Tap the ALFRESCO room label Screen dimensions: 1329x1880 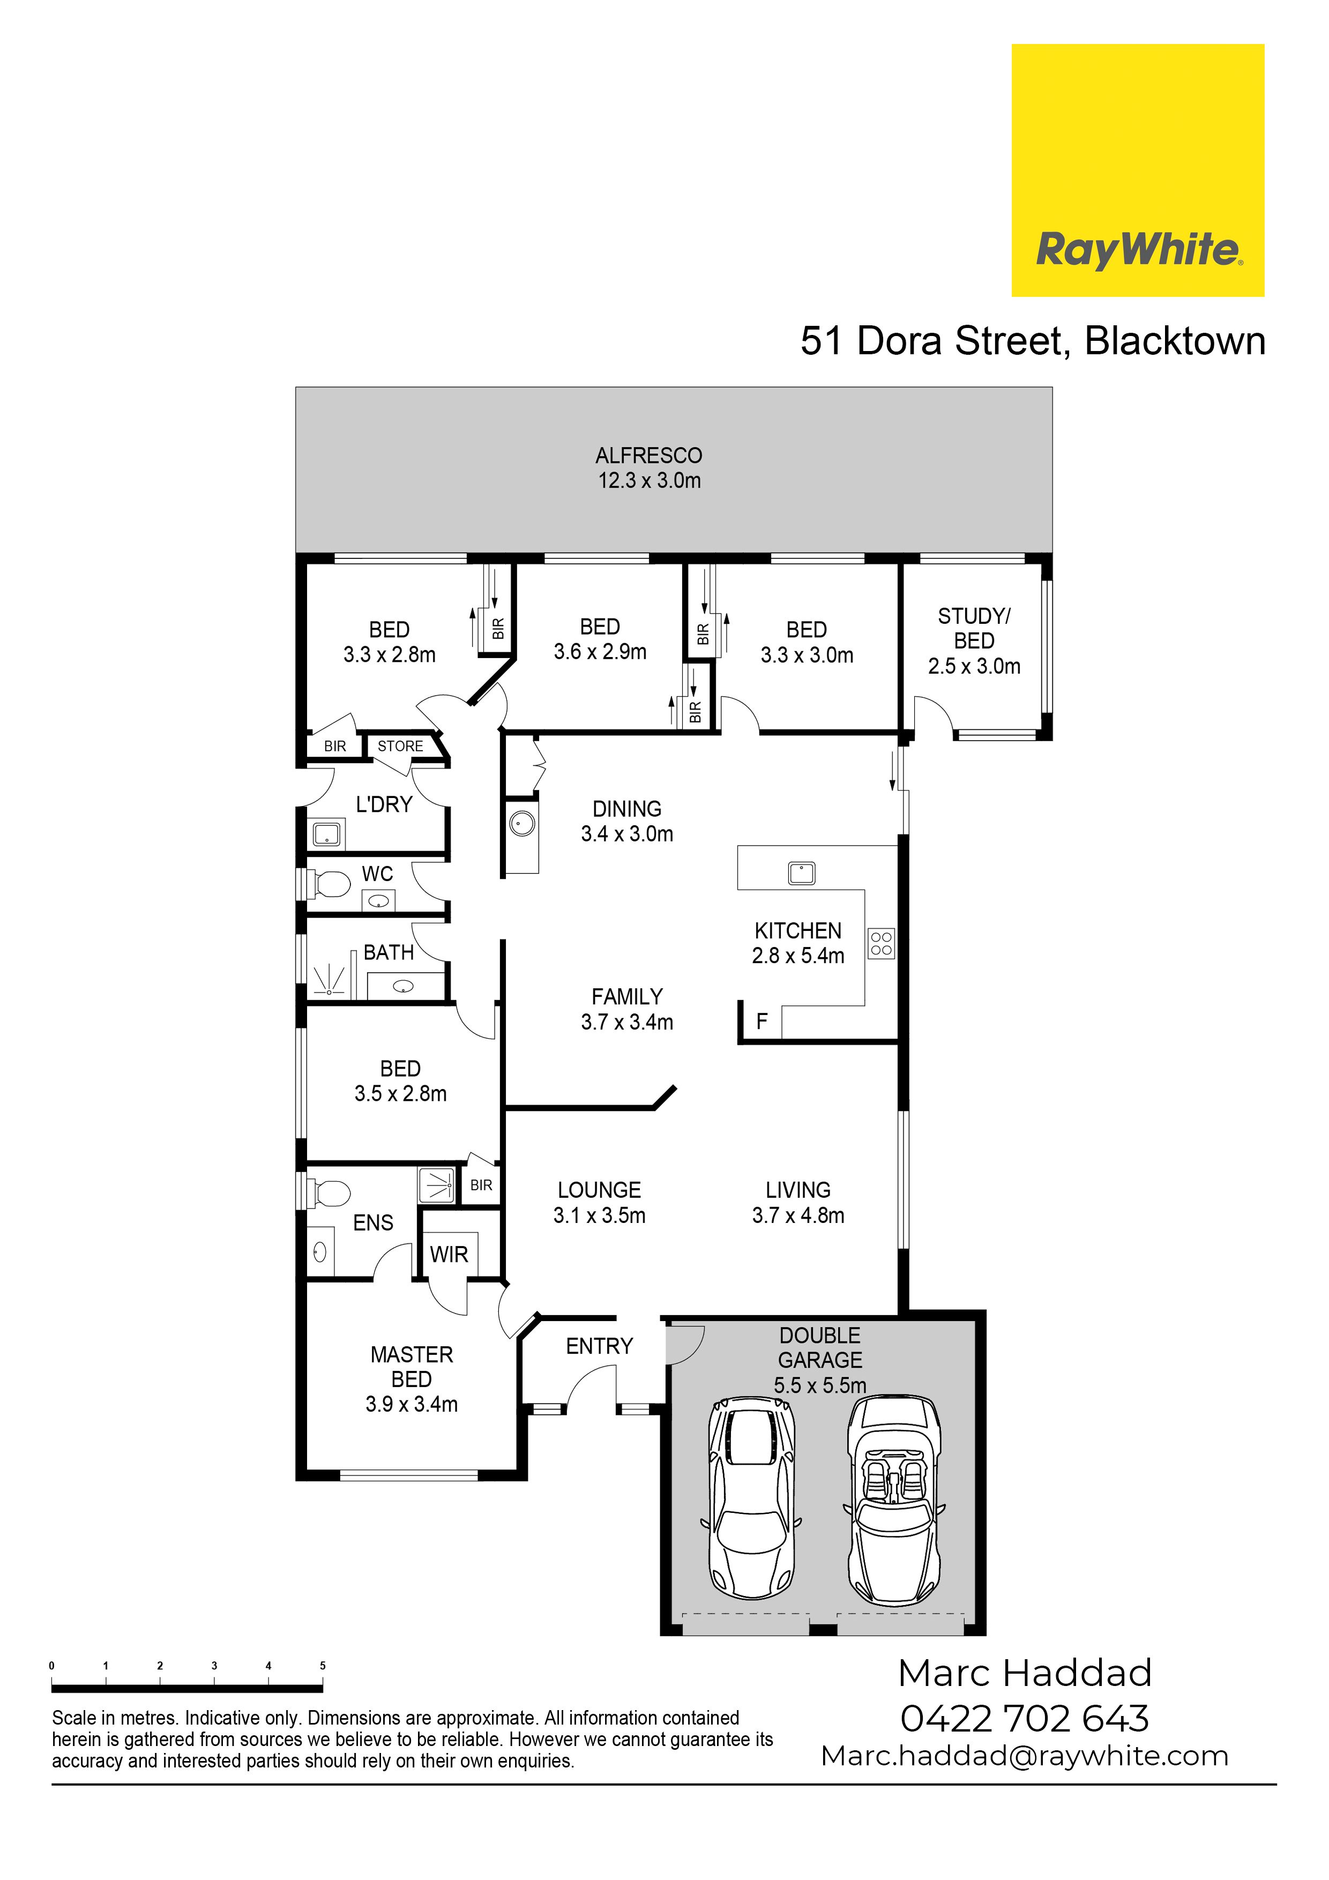(648, 455)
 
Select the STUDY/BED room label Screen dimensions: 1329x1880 (974, 628)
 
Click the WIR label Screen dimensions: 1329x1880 (449, 1255)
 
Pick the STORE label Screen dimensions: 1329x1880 (400, 746)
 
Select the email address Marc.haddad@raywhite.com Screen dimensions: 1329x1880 (1025, 1756)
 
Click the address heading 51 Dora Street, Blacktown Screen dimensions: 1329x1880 (1033, 341)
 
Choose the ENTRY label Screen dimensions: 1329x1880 (600, 1346)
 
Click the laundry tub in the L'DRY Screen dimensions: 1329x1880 (327, 834)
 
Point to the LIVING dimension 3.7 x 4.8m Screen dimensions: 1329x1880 (798, 1215)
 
